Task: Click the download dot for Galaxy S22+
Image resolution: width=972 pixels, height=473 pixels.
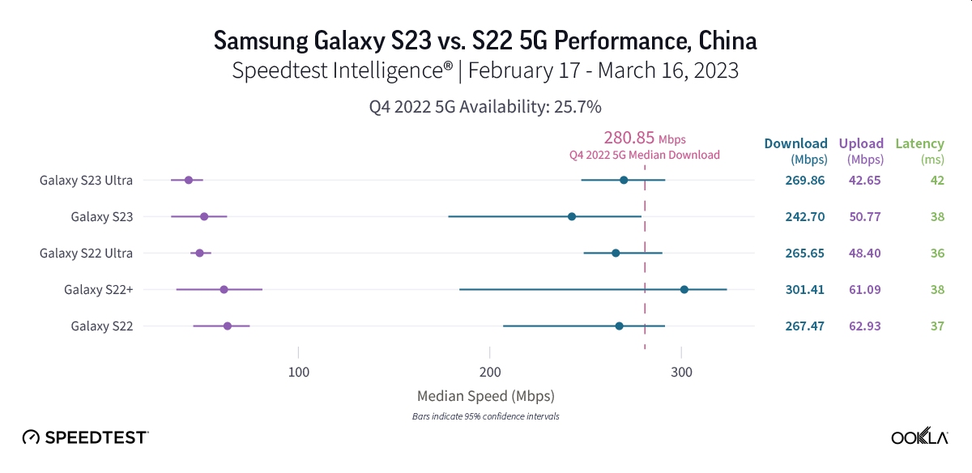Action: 684,289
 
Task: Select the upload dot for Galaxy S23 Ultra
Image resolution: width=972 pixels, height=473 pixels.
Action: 189,180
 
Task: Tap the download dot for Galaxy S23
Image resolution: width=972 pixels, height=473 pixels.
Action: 572,216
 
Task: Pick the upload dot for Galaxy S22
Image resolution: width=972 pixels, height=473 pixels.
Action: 228,326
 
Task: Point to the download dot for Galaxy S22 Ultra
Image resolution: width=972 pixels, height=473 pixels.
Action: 616,253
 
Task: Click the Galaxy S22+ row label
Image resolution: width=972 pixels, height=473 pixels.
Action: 98,289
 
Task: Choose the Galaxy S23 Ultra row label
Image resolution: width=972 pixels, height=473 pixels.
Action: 86,180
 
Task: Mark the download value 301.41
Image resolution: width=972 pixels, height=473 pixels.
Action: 804,289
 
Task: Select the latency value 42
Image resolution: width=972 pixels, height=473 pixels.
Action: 937,180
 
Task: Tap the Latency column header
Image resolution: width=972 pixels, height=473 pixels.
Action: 919,144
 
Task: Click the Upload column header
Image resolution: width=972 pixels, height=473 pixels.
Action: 861,144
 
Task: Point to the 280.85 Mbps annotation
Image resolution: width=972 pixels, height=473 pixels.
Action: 645,138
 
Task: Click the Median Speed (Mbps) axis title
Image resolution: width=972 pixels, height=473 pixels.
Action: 485,396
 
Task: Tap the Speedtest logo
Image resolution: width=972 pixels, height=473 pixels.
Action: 85,437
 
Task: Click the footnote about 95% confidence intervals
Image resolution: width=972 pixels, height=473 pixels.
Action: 485,416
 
